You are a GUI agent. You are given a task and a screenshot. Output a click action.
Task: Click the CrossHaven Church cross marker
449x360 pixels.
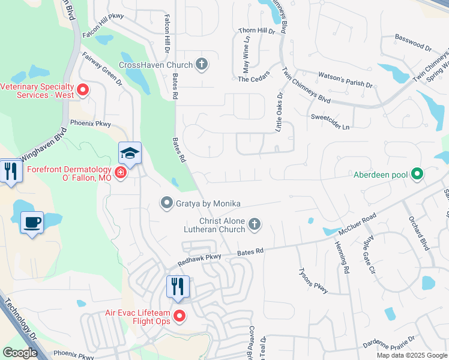202,65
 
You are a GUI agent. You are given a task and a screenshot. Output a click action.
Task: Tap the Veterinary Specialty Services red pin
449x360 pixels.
83,91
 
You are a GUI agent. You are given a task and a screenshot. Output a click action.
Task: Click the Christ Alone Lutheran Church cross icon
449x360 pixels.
255,224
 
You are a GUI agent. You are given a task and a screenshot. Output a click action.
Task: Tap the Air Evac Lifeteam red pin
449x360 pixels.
179,316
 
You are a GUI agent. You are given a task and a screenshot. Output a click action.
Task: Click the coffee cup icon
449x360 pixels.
32,223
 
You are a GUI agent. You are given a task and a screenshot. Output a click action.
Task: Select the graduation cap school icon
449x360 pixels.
130,154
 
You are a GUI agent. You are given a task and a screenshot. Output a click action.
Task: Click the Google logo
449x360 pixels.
20,353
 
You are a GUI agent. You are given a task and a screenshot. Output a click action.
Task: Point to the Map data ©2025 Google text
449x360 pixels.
412,355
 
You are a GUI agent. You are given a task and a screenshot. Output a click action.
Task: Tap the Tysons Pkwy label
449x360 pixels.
313,280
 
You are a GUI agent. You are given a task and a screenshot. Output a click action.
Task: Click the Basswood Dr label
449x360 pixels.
414,42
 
